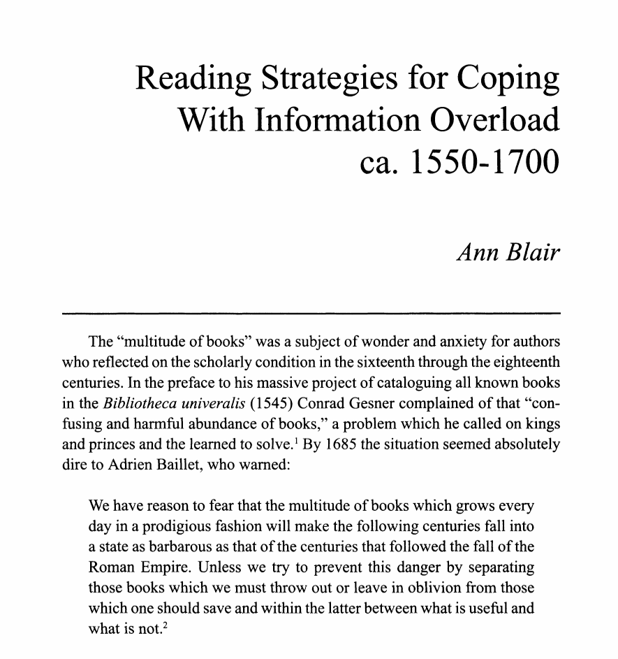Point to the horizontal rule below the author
coord(311,313)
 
